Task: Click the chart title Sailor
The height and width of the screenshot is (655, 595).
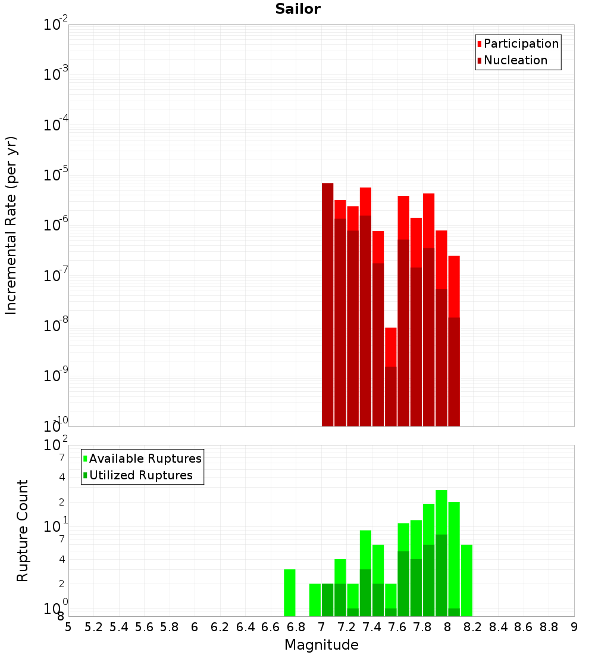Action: pos(297,9)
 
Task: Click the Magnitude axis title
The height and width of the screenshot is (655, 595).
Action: pos(321,645)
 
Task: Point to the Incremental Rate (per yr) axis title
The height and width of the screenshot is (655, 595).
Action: pos(11,225)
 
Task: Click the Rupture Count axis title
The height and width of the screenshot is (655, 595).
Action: pos(23,531)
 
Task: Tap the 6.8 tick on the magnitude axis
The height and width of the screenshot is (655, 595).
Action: pos(296,626)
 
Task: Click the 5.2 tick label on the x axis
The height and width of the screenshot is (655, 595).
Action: pos(93,626)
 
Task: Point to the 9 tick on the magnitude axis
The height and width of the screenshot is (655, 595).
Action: pos(574,626)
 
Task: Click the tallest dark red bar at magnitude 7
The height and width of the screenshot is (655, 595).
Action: pos(327,304)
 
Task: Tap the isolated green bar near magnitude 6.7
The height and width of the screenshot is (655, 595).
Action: pos(290,592)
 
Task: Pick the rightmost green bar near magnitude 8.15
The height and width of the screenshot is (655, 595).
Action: pos(466,581)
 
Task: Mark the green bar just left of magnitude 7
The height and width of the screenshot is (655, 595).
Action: pos(315,600)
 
